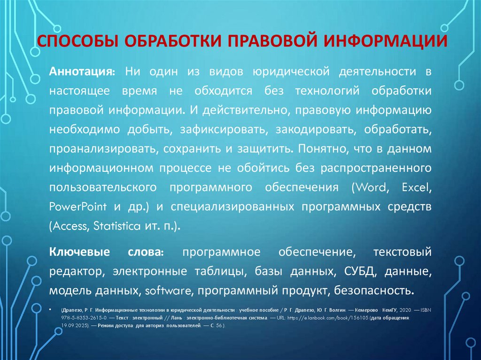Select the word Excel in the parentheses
coord(416,187)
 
